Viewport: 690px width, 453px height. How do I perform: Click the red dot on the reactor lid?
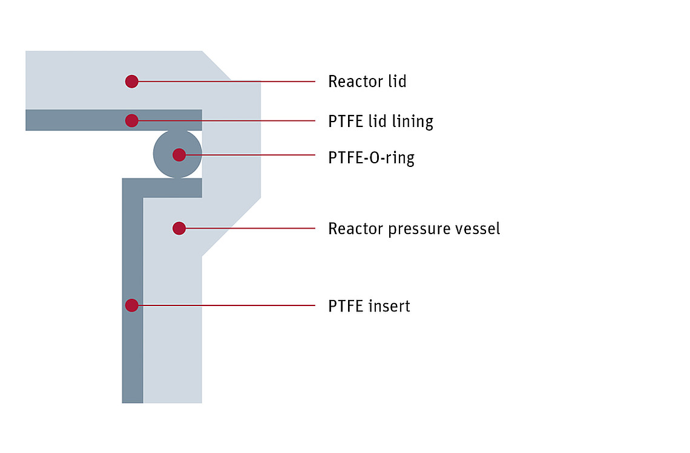click(131, 82)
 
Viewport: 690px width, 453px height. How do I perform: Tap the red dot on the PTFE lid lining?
click(131, 120)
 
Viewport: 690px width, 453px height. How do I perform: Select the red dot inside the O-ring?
click(179, 155)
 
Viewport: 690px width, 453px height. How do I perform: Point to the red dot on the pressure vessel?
click(179, 228)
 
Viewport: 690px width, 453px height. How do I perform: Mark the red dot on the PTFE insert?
click(131, 305)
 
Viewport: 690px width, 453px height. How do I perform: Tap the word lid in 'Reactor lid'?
click(397, 82)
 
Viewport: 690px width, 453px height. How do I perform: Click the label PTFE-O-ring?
click(372, 158)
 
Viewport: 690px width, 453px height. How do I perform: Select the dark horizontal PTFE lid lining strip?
click(114, 120)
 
